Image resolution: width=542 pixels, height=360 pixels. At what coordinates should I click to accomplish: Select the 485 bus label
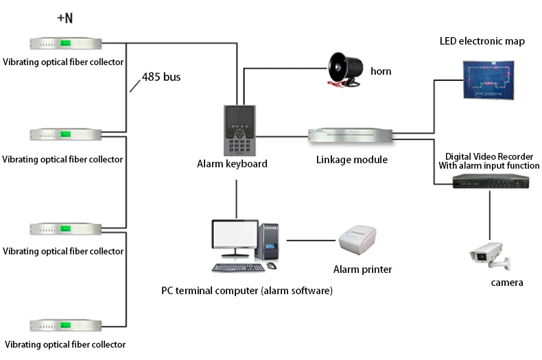[x=161, y=77]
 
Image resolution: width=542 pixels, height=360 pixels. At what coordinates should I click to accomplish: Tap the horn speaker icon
[x=345, y=69]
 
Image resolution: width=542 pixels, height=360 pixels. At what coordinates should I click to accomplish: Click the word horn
[x=381, y=71]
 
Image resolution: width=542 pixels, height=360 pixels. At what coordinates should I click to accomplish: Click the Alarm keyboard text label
[x=232, y=164]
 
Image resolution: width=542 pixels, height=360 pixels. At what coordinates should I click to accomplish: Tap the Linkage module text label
[x=352, y=160]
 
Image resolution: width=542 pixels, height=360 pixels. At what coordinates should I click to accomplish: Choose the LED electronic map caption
[x=482, y=41]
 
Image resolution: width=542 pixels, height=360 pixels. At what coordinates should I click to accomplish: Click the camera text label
[x=507, y=283]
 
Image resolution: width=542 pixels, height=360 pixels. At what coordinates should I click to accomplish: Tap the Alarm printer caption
[x=362, y=269]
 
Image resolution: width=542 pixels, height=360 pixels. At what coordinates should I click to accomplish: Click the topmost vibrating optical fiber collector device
[x=63, y=43]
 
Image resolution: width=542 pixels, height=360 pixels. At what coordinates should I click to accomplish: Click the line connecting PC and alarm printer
[x=311, y=240]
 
